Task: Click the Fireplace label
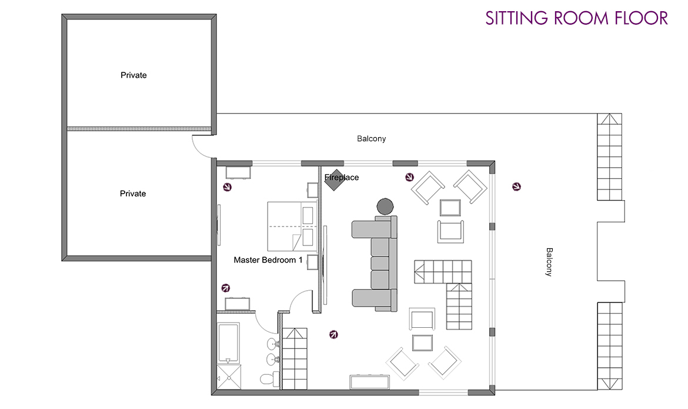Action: click(342, 177)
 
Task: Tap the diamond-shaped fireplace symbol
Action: click(334, 180)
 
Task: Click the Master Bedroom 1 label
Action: click(268, 260)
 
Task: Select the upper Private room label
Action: click(133, 75)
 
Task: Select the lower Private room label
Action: click(133, 194)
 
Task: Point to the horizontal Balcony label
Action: click(372, 139)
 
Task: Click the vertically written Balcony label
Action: click(549, 262)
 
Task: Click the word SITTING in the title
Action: click(517, 18)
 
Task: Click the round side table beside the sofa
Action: click(385, 206)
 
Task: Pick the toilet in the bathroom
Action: click(268, 378)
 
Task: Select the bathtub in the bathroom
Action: click(228, 343)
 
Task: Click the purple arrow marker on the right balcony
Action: click(517, 187)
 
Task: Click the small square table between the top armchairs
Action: click(450, 208)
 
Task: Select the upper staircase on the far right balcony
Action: click(610, 157)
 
